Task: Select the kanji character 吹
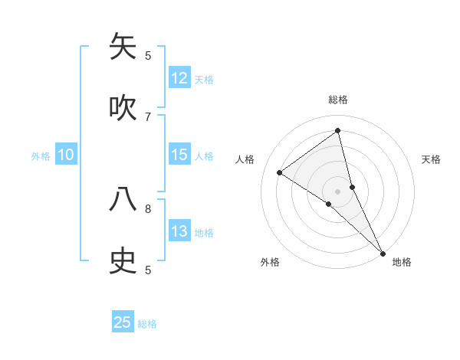(x=123, y=108)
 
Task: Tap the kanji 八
(x=123, y=199)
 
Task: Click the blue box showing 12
(x=179, y=78)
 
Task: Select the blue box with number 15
(x=179, y=155)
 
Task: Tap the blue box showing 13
(x=179, y=231)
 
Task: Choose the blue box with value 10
(x=66, y=155)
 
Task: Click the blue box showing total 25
(x=123, y=322)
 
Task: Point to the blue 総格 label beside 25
(x=147, y=324)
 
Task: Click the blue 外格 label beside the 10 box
(x=41, y=156)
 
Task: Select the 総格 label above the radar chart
(x=338, y=100)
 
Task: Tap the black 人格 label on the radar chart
(x=245, y=159)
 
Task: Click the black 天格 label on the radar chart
(x=431, y=159)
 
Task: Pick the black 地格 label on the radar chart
(x=402, y=262)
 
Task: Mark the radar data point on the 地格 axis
(x=383, y=253)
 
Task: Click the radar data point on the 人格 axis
(x=280, y=172)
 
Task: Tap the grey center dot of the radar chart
(x=338, y=191)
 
